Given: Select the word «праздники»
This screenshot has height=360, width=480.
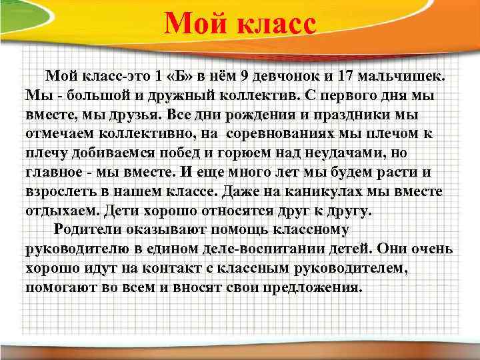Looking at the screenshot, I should pyautogui.click(x=356, y=115).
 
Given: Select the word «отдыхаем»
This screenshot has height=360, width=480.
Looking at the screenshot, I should pyautogui.click(x=60, y=211).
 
